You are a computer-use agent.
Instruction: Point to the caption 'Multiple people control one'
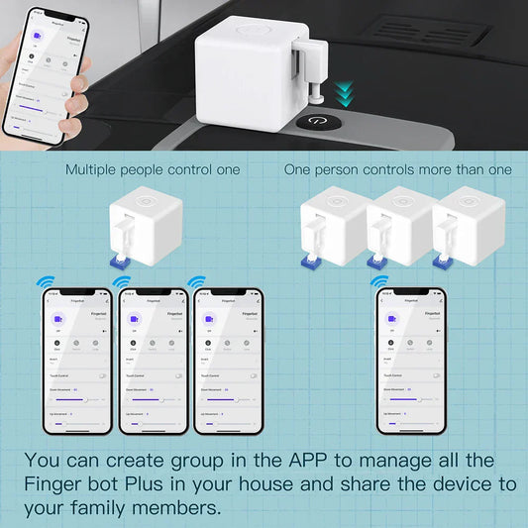click(153, 169)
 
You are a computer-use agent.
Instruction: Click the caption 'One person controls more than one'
click(398, 169)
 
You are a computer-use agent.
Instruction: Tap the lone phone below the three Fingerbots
click(410, 360)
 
